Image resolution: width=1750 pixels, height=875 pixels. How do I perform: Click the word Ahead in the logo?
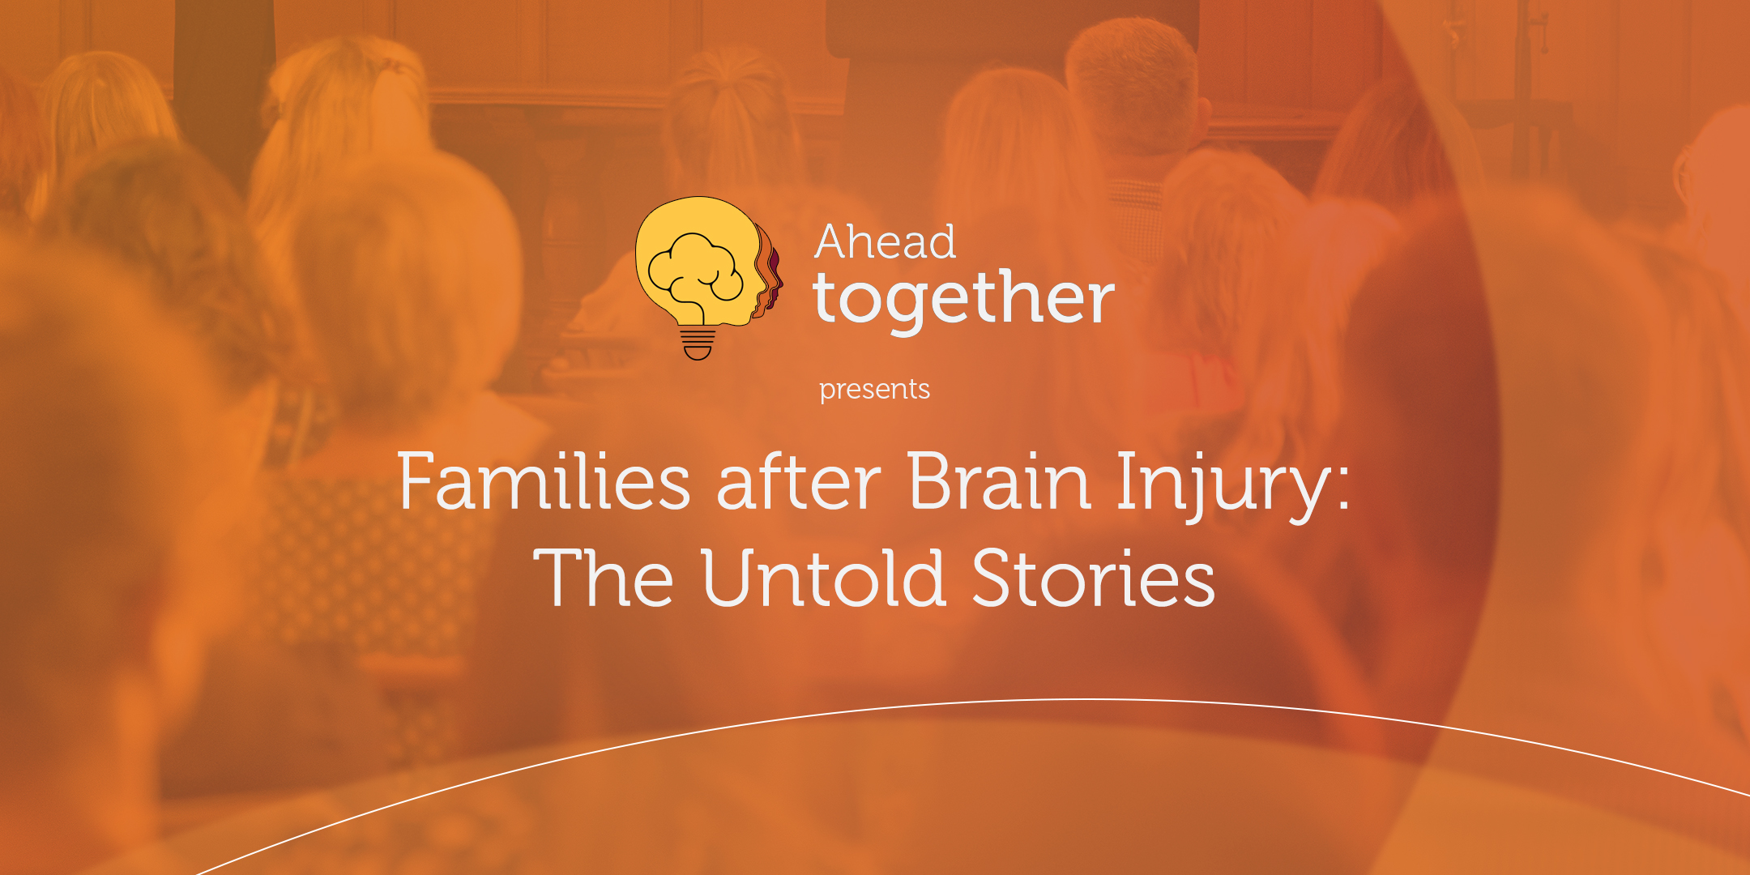click(886, 241)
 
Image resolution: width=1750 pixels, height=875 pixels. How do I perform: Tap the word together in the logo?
click(964, 300)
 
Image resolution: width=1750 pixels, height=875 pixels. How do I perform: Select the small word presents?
click(874, 390)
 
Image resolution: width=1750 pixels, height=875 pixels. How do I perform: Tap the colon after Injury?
click(1343, 489)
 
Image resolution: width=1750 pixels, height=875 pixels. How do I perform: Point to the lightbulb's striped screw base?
click(698, 343)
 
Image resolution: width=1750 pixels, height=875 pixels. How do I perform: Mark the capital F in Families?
click(418, 481)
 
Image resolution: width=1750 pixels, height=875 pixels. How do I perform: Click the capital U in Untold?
click(731, 577)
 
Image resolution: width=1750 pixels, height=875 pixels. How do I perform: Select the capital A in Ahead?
click(832, 241)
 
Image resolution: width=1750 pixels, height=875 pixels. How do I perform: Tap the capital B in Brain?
click(930, 481)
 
